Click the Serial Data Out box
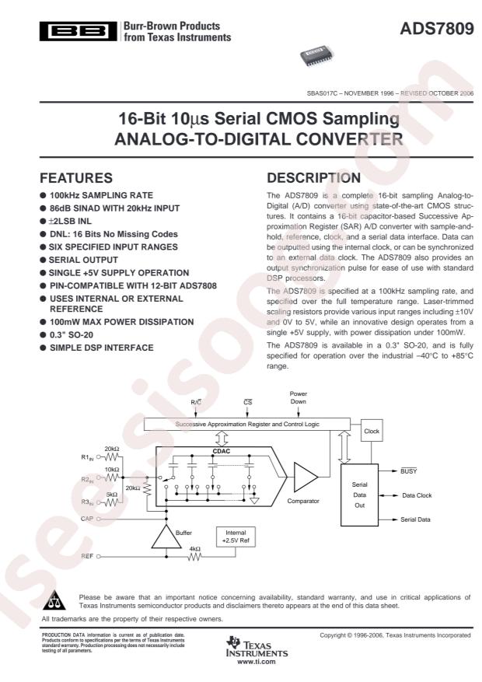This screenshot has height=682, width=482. tap(358, 495)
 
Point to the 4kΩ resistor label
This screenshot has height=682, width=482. tap(194, 549)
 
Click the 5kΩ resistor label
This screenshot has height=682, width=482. tap(114, 494)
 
